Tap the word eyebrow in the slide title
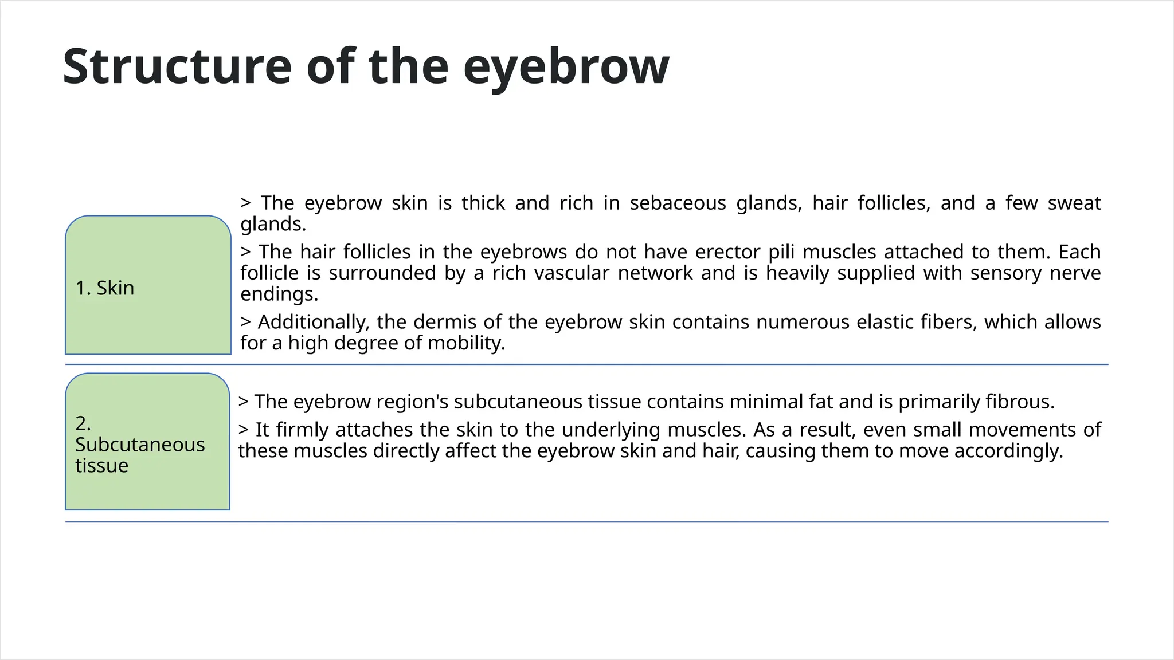pos(566,68)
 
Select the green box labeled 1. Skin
pos(148,285)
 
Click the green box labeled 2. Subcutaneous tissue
pos(147,442)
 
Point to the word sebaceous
pos(678,203)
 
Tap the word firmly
pos(299,430)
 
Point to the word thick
pos(483,203)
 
